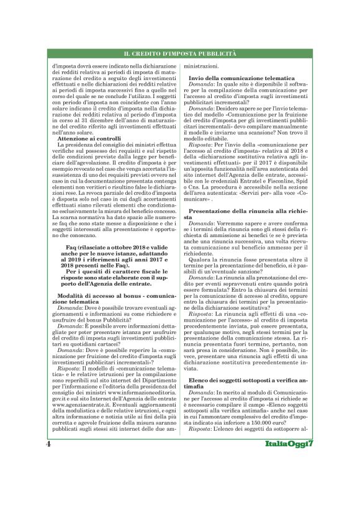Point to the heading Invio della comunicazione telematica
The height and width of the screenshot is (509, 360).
coord(241,79)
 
